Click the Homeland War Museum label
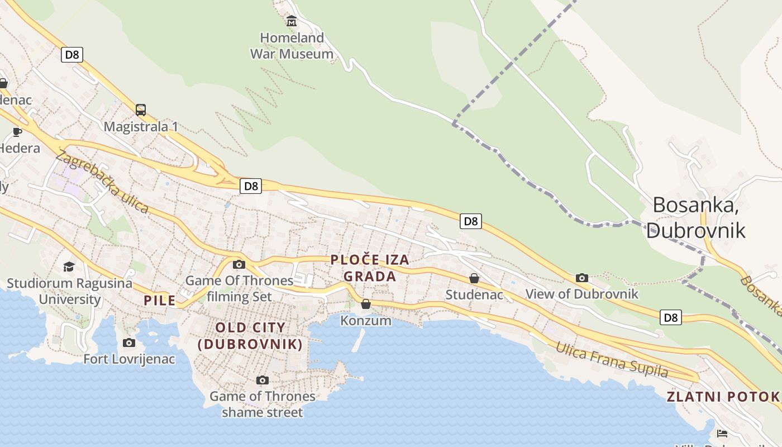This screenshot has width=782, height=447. point(292,46)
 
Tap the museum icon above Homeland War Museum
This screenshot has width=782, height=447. point(292,22)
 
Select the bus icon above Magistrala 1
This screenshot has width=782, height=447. point(141,110)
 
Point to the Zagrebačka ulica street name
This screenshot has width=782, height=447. point(102,183)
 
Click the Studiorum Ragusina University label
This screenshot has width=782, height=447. point(69,291)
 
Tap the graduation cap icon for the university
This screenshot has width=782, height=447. point(69,267)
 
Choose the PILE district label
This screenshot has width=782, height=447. point(160,301)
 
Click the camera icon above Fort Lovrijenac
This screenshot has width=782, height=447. point(129,343)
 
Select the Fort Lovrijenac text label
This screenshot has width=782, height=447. point(129,359)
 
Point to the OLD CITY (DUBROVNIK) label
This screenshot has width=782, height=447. point(251,336)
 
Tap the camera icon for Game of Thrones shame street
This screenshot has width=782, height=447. point(263,381)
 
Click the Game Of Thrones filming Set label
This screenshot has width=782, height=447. point(239,288)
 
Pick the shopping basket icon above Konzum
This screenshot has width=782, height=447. point(366,304)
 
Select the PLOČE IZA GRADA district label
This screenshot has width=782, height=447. point(370,268)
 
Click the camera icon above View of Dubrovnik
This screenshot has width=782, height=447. point(582,278)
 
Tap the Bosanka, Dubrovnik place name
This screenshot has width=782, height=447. point(695,217)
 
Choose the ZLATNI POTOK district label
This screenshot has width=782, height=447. point(723,397)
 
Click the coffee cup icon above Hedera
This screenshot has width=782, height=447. point(17,132)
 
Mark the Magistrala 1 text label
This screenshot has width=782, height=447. point(141,127)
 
